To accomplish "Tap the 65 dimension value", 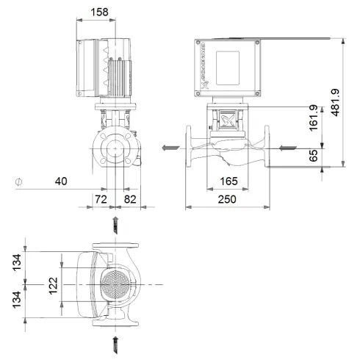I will point(314,156).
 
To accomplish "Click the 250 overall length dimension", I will point(227,199).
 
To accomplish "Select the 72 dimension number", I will point(101,199).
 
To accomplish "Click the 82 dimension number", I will point(129,199).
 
